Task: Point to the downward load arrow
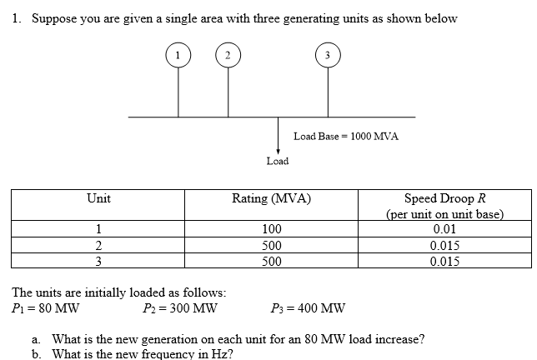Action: tap(278, 134)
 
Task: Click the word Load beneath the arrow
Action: tap(278, 160)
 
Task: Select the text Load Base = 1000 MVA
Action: tap(346, 135)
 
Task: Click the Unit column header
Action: tap(99, 198)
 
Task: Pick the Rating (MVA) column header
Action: tap(272, 198)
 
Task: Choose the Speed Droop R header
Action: tap(445, 198)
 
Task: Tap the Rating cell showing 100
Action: tap(272, 229)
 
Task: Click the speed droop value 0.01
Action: tap(445, 229)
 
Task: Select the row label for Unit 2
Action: tap(98, 245)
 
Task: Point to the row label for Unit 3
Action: tap(98, 261)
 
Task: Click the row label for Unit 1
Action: tap(98, 229)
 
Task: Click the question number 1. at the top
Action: tap(18, 18)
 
